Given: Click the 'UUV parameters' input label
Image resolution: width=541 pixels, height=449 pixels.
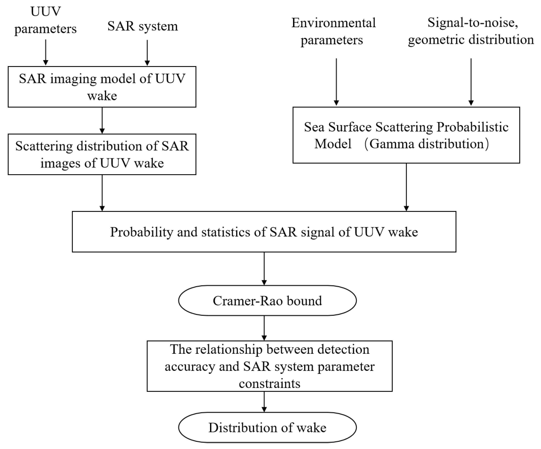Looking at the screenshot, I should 45,20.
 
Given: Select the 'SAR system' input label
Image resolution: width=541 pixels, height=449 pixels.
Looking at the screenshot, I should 142,26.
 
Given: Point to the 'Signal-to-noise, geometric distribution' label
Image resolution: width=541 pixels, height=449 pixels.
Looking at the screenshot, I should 471,31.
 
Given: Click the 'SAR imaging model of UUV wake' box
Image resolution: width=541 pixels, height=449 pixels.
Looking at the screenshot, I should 102,87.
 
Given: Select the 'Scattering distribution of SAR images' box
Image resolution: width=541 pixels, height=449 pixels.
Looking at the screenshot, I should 102,154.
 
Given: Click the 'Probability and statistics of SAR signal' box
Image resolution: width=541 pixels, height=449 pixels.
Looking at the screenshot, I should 264,232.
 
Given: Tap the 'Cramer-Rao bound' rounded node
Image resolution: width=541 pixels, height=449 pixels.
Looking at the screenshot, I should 267,301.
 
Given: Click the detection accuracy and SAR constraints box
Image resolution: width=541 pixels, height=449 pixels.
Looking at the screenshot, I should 270,366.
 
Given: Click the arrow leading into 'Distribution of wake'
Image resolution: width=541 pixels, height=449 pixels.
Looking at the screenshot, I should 264,402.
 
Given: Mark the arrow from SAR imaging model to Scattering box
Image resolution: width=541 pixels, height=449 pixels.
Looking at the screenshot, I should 102,120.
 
